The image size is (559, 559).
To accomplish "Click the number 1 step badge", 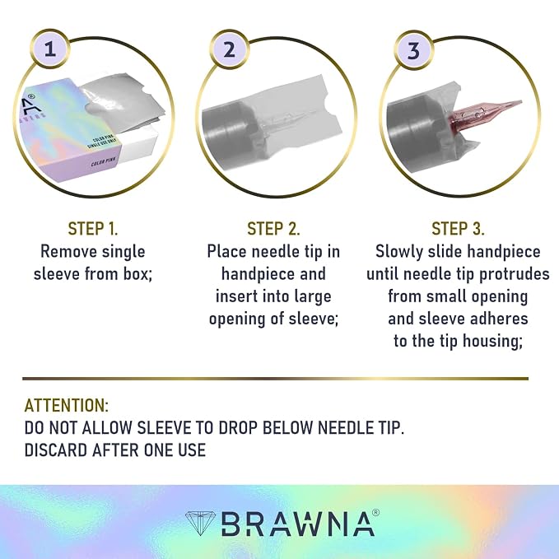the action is (50, 49).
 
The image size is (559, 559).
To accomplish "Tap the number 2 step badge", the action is (229, 49).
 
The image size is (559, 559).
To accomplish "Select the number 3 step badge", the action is (413, 50).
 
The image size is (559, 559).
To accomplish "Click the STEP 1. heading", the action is (93, 229).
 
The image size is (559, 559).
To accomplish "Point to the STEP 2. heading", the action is (273, 229).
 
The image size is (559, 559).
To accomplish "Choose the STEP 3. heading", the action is (458, 229).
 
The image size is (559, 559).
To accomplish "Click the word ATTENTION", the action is (67, 406).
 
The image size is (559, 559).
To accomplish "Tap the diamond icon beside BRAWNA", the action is (200, 524).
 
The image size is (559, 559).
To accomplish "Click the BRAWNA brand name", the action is (298, 524).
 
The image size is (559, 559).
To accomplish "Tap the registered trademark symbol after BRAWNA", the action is (375, 513).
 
